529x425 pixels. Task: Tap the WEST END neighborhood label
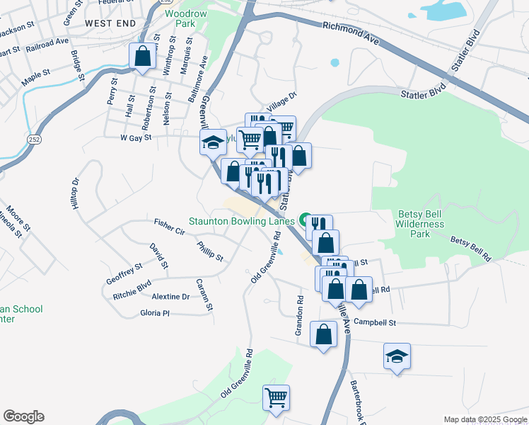tap(110, 23)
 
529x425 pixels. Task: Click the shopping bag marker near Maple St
tap(142, 57)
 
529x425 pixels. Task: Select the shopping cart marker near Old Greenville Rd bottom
tap(276, 397)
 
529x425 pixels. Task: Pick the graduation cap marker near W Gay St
tap(212, 142)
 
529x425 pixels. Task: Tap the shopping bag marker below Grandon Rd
tap(324, 335)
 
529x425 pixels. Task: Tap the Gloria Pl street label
tap(155, 313)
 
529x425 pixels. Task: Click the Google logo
tap(23, 416)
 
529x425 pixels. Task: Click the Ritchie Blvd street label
tap(132, 290)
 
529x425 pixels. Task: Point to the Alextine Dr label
tap(170, 297)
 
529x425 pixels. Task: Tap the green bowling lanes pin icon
tap(306, 220)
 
